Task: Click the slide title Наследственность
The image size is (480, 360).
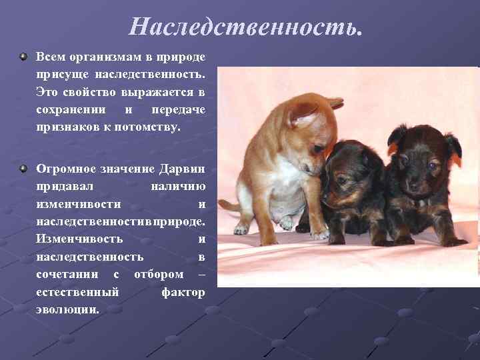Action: pyautogui.click(x=247, y=27)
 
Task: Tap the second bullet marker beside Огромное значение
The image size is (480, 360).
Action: pyautogui.click(x=24, y=168)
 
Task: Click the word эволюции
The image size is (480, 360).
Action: pyautogui.click(x=67, y=309)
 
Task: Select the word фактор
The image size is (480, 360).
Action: pyautogui.click(x=183, y=291)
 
